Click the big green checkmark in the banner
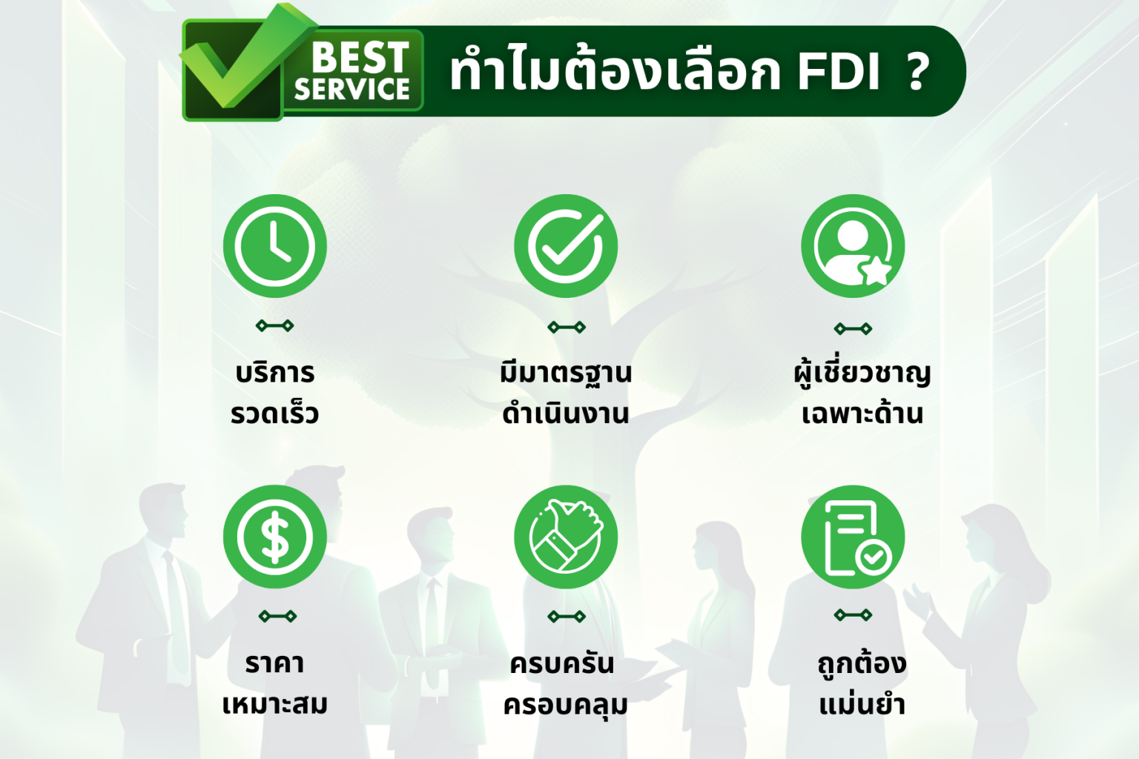click(x=237, y=63)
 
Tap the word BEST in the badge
click(x=360, y=57)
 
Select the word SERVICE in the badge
click(x=352, y=90)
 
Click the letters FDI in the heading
click(x=838, y=72)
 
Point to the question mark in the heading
click(x=918, y=72)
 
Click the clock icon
click(x=274, y=246)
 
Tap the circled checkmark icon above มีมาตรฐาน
click(x=566, y=246)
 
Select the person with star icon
click(x=853, y=246)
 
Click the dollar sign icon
click(x=274, y=537)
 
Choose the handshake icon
click(x=566, y=537)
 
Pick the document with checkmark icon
click(x=853, y=537)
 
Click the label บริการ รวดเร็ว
click(x=274, y=393)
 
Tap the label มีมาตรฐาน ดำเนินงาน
click(x=566, y=393)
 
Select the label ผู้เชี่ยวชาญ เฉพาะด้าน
click(x=862, y=393)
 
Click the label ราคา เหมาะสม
click(x=274, y=683)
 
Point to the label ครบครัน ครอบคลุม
click(x=566, y=683)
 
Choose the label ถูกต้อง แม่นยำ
click(x=862, y=683)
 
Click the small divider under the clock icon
click(x=274, y=325)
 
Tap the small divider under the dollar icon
click(x=277, y=616)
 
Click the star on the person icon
click(x=876, y=271)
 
